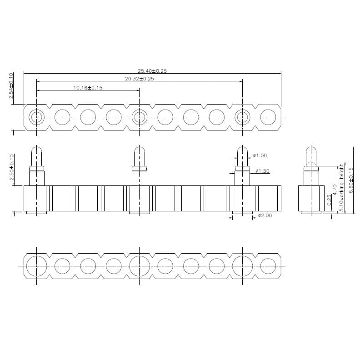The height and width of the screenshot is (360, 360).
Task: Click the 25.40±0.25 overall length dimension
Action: point(152,70)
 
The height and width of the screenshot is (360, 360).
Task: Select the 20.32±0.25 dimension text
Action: point(140,79)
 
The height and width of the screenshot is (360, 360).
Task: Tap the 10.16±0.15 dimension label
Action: point(88,88)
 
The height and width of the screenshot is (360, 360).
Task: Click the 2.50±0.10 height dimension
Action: point(11,167)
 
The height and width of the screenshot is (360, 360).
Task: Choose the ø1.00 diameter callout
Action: point(260,155)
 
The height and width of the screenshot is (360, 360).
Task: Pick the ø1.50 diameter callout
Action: point(263,171)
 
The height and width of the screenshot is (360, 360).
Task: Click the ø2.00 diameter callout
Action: point(265,215)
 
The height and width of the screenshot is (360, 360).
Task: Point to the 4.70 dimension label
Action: point(335,190)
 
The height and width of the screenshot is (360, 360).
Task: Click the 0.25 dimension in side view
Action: point(329,200)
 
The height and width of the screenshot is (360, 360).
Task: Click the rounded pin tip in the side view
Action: point(310,150)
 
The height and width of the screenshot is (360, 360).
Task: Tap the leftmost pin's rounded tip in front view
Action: point(37,150)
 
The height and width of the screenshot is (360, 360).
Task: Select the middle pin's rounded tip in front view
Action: point(140,150)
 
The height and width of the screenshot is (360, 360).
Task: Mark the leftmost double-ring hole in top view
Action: point(36,117)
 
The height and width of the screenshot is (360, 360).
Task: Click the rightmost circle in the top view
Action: point(268,117)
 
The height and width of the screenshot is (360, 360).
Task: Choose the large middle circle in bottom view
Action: point(139,265)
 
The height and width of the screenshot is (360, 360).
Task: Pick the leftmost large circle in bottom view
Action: point(36,265)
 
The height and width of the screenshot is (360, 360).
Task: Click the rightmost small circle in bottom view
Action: point(268,265)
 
